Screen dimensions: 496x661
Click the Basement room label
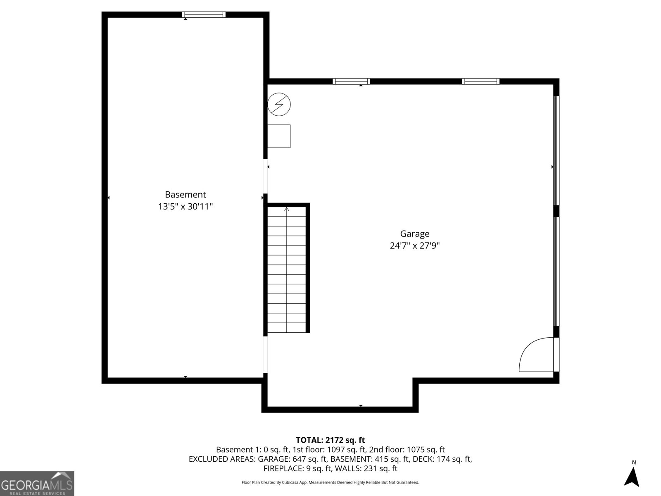[x=185, y=194]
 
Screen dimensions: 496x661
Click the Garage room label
[x=414, y=234]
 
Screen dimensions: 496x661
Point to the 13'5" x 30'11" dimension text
[x=185, y=206]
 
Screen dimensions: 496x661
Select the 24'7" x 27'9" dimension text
[x=414, y=246]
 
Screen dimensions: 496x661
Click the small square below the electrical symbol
[x=279, y=136]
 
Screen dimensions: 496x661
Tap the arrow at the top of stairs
[x=287, y=210]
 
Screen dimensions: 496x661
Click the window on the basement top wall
[x=204, y=15]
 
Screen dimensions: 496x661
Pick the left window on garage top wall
[x=351, y=81]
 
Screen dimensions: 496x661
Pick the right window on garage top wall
[x=480, y=81]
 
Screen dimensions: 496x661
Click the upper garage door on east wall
[x=556, y=150]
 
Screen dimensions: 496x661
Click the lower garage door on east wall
[x=556, y=271]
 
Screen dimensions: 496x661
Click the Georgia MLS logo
[x=37, y=483]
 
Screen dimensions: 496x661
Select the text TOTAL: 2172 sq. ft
[x=330, y=440]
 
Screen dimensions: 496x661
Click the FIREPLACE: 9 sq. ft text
[x=297, y=468]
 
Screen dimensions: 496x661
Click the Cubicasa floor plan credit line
[x=330, y=482]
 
